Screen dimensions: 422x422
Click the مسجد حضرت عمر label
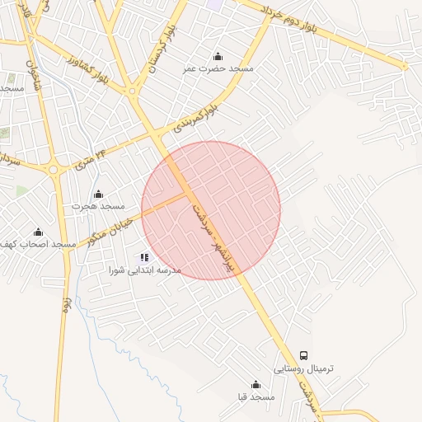[218, 69]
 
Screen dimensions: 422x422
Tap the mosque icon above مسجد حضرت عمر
[218, 56]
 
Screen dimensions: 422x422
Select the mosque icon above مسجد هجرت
[99, 194]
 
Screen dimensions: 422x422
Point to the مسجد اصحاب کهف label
[36, 245]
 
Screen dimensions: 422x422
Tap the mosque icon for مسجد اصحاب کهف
[37, 232]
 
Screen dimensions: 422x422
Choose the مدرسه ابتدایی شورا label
[145, 270]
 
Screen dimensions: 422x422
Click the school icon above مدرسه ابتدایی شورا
[145, 257]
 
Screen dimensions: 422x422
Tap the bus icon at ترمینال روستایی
[304, 355]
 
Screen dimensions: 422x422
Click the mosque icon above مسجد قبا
[256, 384]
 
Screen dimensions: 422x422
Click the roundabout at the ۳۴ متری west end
[54, 169]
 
